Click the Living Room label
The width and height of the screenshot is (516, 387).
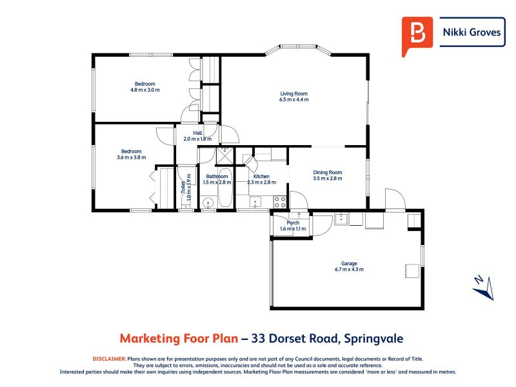click(294, 93)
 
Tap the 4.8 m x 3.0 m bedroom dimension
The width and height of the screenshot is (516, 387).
click(144, 90)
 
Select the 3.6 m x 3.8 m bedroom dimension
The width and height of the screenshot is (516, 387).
click(132, 157)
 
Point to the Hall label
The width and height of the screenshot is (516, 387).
click(188, 133)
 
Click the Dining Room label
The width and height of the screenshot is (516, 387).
click(327, 172)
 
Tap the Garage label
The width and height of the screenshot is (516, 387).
click(349, 263)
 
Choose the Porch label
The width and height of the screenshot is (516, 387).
click(293, 223)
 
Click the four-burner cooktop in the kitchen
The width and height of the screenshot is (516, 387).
click(280, 201)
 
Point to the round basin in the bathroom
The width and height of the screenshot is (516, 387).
click(208, 203)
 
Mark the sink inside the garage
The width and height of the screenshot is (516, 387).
click(340, 219)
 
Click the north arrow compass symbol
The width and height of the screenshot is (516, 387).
click(482, 287)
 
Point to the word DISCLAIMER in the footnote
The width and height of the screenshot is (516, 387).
click(109, 358)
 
